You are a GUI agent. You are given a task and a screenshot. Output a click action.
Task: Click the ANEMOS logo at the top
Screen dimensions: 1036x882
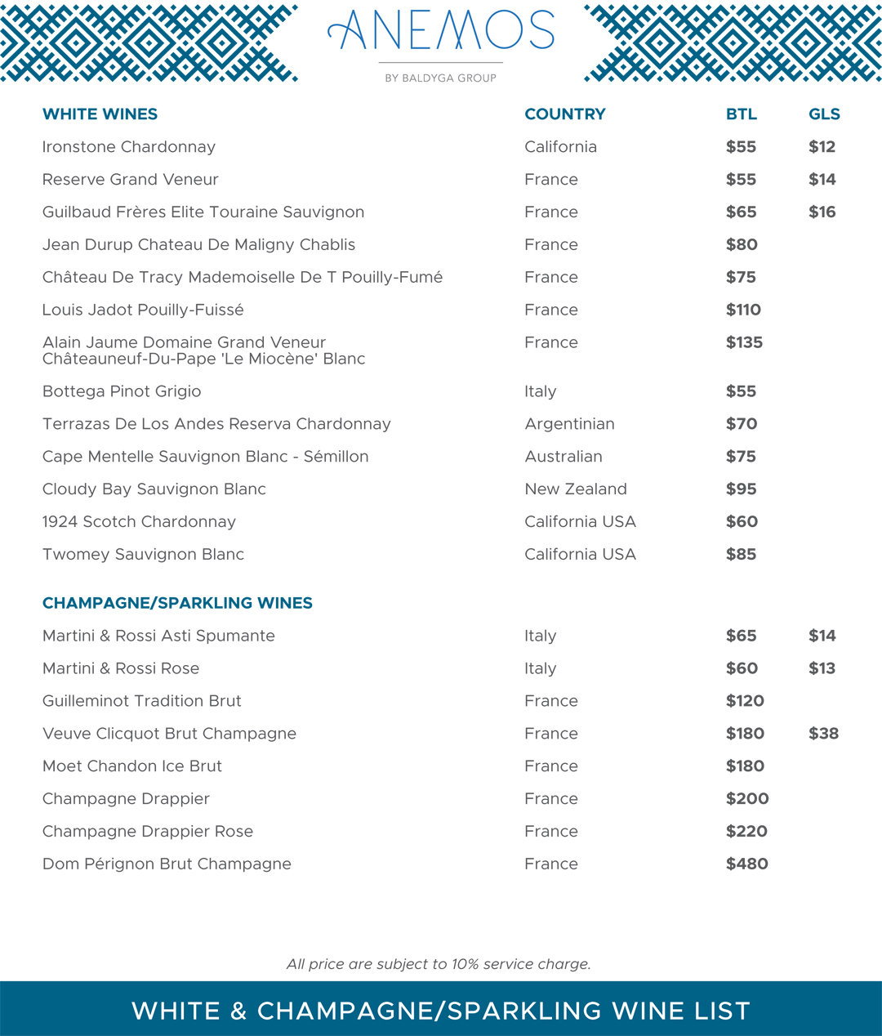[441, 31]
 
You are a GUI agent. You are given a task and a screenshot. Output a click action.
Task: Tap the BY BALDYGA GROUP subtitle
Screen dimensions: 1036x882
[440, 78]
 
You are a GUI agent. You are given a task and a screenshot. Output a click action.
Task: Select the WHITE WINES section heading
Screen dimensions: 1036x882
[100, 114]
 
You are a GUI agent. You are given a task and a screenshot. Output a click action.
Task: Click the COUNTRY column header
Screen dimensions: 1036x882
[565, 114]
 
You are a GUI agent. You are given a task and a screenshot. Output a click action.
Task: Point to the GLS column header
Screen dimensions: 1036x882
[824, 114]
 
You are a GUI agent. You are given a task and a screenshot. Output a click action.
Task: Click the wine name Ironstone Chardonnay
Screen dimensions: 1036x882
[129, 147]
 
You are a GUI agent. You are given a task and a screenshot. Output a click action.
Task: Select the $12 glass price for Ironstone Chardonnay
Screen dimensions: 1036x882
[822, 147]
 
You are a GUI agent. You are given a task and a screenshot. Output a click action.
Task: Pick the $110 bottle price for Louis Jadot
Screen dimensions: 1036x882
[743, 310]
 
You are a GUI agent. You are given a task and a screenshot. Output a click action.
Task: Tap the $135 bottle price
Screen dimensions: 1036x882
[744, 342]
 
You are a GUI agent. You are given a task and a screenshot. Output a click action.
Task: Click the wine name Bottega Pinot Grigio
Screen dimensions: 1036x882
[122, 391]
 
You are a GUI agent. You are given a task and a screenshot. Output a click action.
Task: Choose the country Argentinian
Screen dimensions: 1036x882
[569, 424]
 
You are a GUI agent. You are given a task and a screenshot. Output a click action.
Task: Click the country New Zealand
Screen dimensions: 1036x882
[576, 489]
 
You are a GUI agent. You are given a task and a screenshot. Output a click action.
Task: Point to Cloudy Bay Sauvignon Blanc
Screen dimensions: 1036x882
[154, 489]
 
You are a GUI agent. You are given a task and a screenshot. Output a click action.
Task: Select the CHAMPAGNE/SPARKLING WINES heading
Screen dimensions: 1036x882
[177, 603]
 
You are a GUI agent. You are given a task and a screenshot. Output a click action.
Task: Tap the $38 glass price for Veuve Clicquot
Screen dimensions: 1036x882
[823, 734]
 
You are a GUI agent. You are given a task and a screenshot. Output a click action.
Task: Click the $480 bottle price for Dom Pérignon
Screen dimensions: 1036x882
[746, 864]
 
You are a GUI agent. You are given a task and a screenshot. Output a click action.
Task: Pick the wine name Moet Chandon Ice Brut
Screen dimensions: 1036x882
[132, 766]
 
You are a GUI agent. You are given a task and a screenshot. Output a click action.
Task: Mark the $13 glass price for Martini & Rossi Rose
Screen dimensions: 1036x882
[822, 668]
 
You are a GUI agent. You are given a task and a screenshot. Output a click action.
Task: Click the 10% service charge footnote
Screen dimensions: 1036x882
[439, 964]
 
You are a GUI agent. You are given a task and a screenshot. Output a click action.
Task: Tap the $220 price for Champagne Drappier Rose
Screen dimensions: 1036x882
[746, 831]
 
